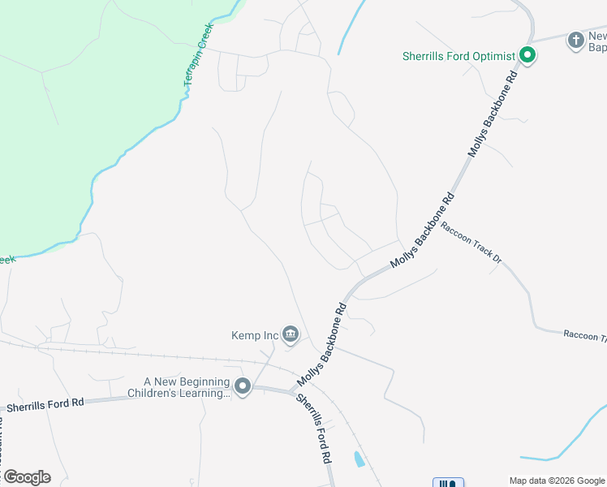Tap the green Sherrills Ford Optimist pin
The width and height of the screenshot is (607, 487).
[x=527, y=56]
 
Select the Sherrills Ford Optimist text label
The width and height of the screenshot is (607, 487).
[x=458, y=56]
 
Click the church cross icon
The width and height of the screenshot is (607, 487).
[x=575, y=39]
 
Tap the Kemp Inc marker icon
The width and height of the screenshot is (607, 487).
[x=290, y=334]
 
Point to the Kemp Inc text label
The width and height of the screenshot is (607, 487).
[x=255, y=334]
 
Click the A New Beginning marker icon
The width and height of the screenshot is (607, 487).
[x=243, y=387]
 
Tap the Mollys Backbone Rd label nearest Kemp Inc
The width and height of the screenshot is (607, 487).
[x=322, y=344]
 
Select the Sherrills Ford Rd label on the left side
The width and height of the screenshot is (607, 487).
[x=45, y=403]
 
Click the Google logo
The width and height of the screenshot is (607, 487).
[x=26, y=477]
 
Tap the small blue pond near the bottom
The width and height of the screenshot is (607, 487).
[x=358, y=459]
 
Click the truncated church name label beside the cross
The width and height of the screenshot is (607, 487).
[x=597, y=41]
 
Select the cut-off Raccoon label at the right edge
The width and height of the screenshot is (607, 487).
[x=585, y=336]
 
